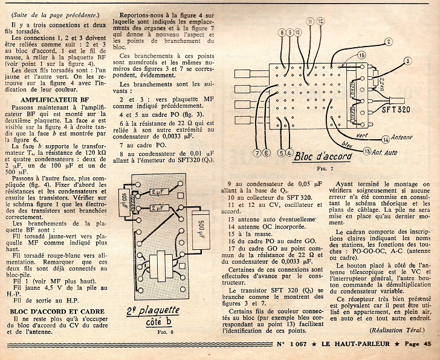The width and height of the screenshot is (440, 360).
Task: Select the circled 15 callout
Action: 361,55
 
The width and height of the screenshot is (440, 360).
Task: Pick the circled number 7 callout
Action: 257,152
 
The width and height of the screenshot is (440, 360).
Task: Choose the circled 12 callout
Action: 320,22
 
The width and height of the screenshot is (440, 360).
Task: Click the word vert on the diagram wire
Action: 346,135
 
